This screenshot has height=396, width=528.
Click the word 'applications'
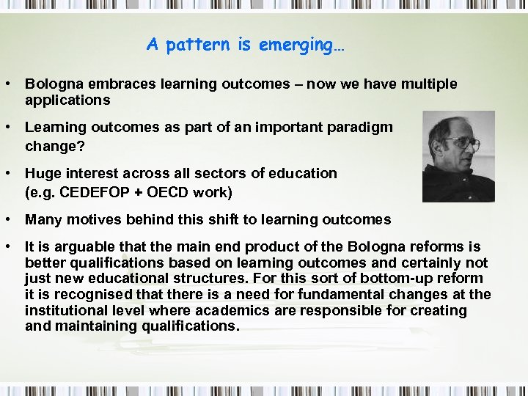pyautogui.click(x=67, y=100)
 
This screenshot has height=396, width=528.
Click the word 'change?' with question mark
pyautogui.click(x=54, y=146)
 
